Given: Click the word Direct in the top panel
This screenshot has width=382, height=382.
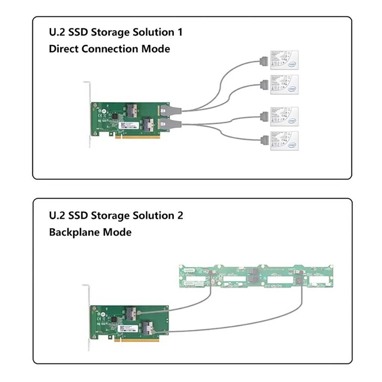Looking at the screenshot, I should [x=64, y=49].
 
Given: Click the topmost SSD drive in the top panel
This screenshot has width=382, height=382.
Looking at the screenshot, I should [x=284, y=60].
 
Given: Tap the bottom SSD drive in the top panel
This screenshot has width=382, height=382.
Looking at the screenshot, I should [x=284, y=141].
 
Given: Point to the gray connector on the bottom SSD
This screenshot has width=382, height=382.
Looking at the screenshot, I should [x=264, y=141].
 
